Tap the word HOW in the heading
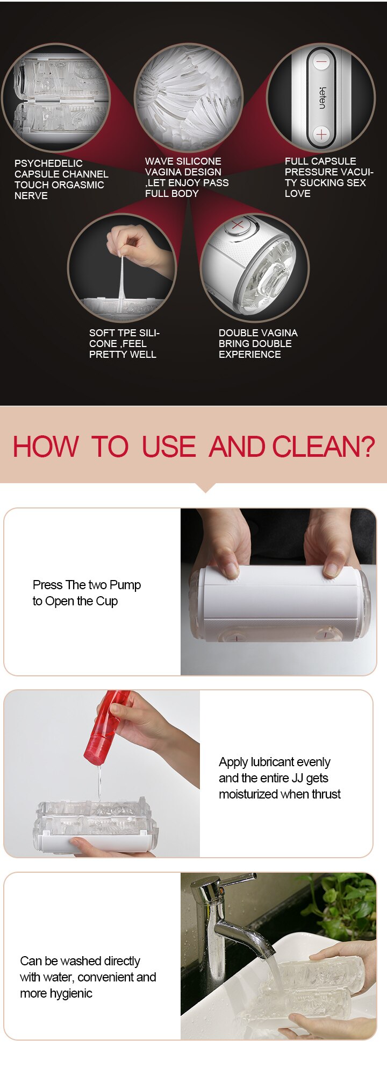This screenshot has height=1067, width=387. tap(46, 447)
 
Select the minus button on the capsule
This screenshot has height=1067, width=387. tap(321, 62)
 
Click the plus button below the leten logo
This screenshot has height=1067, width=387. tap(321, 135)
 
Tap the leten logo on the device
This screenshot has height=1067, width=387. tap(322, 98)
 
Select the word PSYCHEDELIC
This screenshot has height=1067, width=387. tap(48, 163)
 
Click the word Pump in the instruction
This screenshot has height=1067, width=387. tap(125, 585)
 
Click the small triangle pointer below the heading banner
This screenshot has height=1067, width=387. tap(205, 487)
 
